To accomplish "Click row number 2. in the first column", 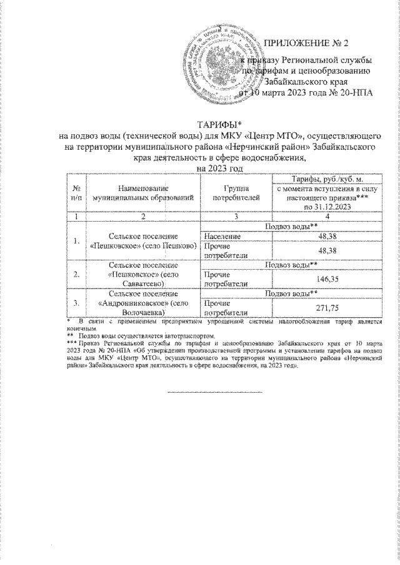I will point(76,274).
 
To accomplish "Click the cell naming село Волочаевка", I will point(139,304).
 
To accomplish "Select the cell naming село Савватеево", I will point(139,274).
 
